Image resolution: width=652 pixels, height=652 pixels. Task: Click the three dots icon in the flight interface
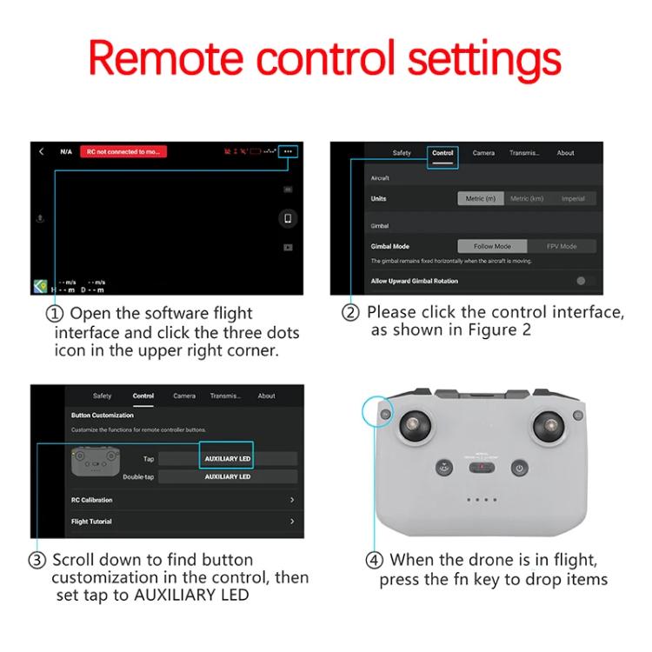tap(288, 151)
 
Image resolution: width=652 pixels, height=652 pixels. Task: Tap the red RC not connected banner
tap(123, 151)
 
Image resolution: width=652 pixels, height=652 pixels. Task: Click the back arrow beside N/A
tap(41, 151)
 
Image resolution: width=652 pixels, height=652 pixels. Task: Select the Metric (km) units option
tap(527, 198)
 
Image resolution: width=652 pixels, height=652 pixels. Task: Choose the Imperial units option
tap(573, 198)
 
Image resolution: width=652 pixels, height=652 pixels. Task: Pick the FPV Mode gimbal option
tap(561, 246)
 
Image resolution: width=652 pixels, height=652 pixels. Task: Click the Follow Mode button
tap(491, 246)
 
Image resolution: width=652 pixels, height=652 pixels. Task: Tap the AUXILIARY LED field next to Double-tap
tap(227, 476)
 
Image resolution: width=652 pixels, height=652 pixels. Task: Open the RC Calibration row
tap(183, 500)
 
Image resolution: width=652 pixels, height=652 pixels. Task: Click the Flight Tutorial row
tap(183, 522)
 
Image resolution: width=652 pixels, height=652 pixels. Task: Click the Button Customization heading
tap(103, 416)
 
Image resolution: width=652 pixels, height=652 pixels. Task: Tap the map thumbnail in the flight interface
tap(40, 286)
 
